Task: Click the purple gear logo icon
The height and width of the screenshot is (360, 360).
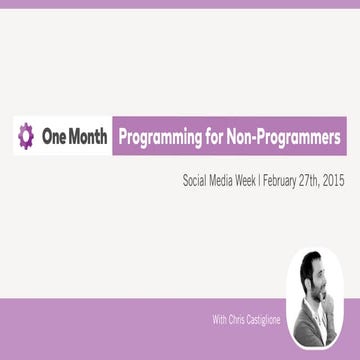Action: pos(27,135)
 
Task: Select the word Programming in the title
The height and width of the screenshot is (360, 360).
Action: pos(159,135)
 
